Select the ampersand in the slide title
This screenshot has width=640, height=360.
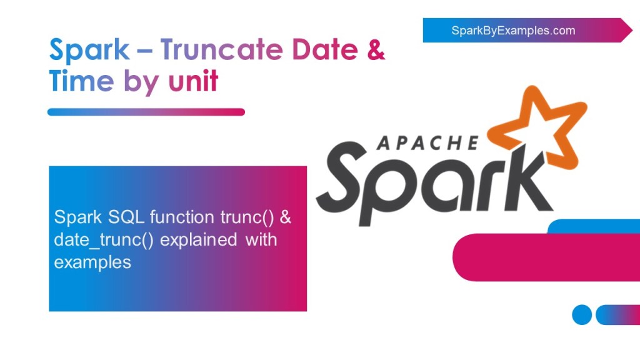[376, 49]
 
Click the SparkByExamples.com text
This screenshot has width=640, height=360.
[513, 30]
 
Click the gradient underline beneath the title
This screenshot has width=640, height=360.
[146, 112]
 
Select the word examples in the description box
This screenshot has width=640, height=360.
[92, 262]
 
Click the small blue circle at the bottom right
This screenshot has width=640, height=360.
[582, 314]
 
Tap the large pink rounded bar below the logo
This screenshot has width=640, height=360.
[544, 257]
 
